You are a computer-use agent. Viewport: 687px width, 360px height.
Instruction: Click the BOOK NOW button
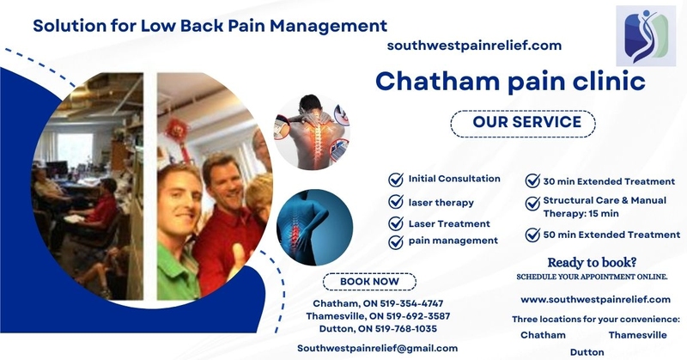(x=369, y=282)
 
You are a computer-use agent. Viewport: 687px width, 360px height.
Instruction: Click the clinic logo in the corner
(x=646, y=36)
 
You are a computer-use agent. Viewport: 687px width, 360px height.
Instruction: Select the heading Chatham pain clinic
(x=510, y=82)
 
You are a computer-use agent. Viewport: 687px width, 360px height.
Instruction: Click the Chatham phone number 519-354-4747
(x=411, y=303)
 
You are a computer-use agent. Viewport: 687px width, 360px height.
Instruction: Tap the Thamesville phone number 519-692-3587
(x=418, y=316)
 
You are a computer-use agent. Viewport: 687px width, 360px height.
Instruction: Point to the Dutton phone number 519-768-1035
(x=405, y=329)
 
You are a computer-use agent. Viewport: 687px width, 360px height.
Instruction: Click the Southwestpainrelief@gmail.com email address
(x=377, y=348)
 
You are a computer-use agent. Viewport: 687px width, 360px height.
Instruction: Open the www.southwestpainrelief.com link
(x=595, y=300)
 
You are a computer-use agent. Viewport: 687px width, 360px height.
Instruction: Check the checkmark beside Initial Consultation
(x=396, y=180)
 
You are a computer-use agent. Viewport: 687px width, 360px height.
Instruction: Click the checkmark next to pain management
(x=396, y=242)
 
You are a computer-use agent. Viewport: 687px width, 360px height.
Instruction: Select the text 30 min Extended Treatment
(x=609, y=181)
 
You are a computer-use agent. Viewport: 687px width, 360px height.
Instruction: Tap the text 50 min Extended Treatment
(x=611, y=235)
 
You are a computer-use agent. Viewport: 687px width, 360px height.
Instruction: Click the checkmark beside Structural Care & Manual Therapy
(x=532, y=204)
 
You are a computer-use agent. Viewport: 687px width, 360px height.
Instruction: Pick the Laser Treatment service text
(x=449, y=223)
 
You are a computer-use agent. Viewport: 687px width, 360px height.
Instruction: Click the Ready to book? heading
(x=592, y=262)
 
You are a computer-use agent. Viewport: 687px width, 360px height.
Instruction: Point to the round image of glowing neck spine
(x=312, y=132)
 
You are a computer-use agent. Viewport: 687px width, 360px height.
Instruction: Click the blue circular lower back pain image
(x=314, y=227)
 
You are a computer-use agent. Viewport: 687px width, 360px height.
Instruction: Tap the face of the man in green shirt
(x=179, y=199)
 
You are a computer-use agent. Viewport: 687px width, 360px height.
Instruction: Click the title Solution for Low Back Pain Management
(x=210, y=26)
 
